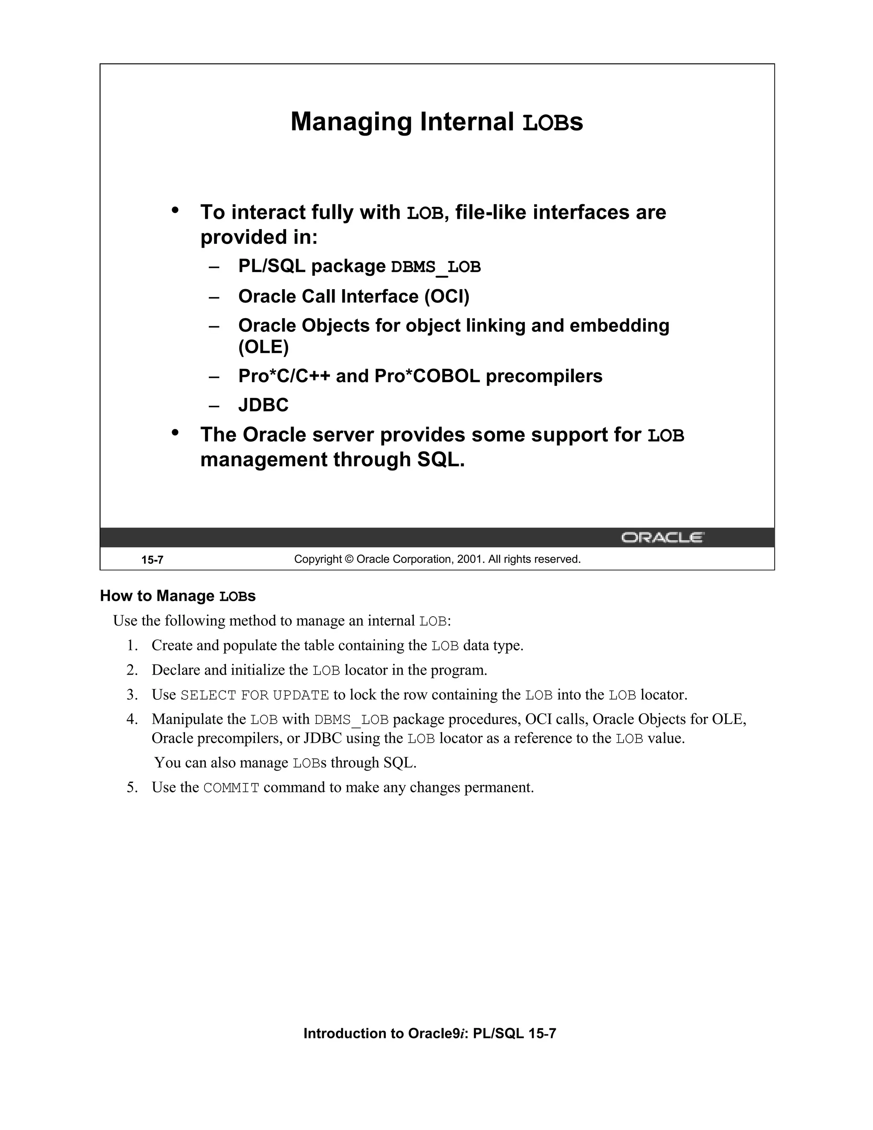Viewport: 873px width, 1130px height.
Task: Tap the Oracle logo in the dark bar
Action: click(662, 538)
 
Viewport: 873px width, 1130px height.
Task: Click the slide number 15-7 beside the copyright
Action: click(153, 560)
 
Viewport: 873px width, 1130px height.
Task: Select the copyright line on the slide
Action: click(437, 559)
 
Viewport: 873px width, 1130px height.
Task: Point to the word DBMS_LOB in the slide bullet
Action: click(436, 267)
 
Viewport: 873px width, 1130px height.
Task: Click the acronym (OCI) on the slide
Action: click(447, 296)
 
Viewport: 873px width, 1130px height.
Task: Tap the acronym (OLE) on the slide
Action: click(263, 347)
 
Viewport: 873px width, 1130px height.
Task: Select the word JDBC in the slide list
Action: click(263, 405)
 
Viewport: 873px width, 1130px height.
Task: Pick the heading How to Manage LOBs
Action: click(177, 596)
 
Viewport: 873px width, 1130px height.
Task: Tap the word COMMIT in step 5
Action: click(231, 788)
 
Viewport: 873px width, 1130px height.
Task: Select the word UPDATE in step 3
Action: click(301, 695)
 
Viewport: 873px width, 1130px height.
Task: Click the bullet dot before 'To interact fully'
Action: click(175, 210)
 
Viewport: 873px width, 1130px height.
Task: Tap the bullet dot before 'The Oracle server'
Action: click(175, 432)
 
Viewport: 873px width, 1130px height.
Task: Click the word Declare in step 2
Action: click(175, 671)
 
